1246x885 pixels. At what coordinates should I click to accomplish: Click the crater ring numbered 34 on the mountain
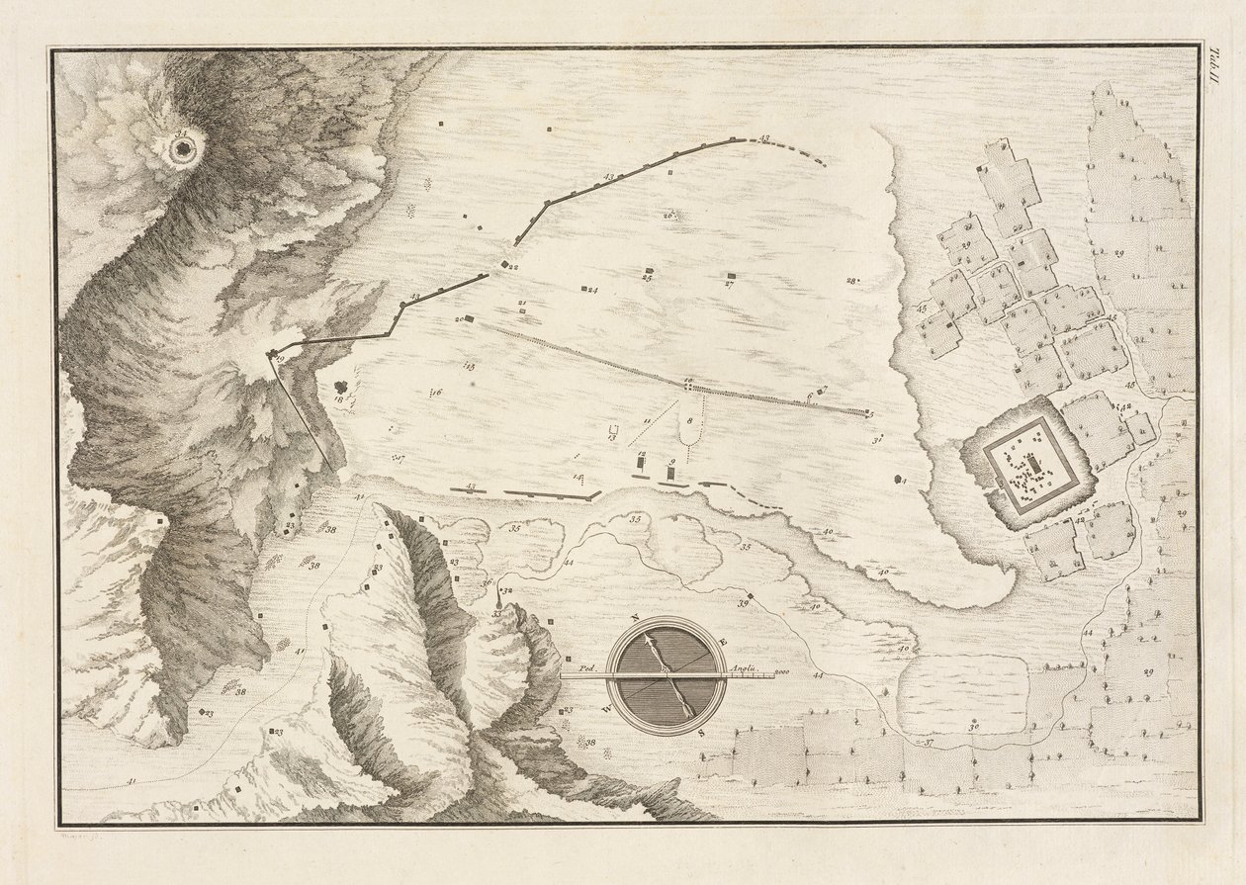pos(183,149)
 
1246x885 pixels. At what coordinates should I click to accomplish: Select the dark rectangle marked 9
pos(671,474)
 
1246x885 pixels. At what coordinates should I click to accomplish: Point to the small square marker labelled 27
pos(731,276)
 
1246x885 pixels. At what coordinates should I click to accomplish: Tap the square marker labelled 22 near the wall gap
pos(505,265)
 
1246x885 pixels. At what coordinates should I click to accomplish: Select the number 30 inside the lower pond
pos(974,728)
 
